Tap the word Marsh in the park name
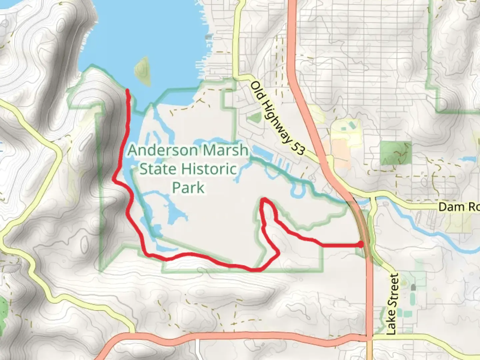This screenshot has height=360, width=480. pyautogui.click(x=226, y=150)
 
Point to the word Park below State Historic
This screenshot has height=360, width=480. pyautogui.click(x=188, y=188)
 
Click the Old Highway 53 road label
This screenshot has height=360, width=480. pyautogui.click(x=277, y=118)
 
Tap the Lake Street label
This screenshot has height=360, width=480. pyautogui.click(x=392, y=304)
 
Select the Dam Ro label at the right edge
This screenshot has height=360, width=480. pyautogui.click(x=459, y=207)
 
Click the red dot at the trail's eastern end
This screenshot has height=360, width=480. pyautogui.click(x=361, y=245)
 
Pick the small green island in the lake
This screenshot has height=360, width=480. pyautogui.click(x=142, y=71)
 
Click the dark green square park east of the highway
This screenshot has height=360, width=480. pyautogui.click(x=396, y=153)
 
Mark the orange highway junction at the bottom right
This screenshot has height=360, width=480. pyautogui.click(x=369, y=337)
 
